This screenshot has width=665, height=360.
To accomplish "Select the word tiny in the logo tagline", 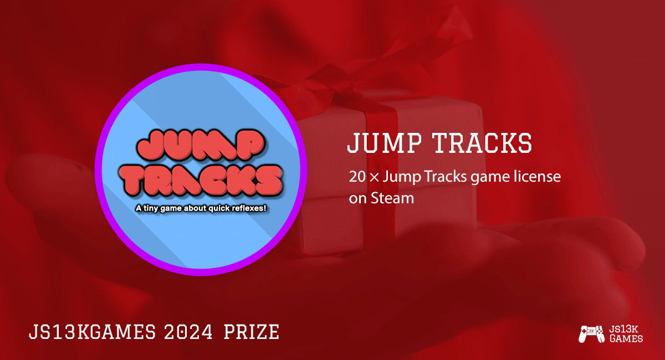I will click(x=151, y=209).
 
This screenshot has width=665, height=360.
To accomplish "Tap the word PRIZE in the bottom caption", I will click(x=250, y=332).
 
